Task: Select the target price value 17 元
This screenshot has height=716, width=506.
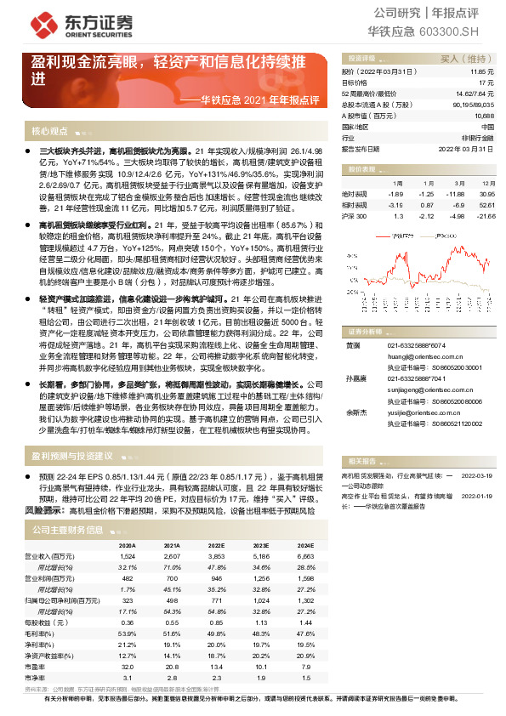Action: (487, 82)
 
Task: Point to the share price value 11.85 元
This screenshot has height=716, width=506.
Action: (482, 72)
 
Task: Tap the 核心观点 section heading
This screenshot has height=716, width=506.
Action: (49, 131)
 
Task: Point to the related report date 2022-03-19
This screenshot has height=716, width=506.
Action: (477, 476)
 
